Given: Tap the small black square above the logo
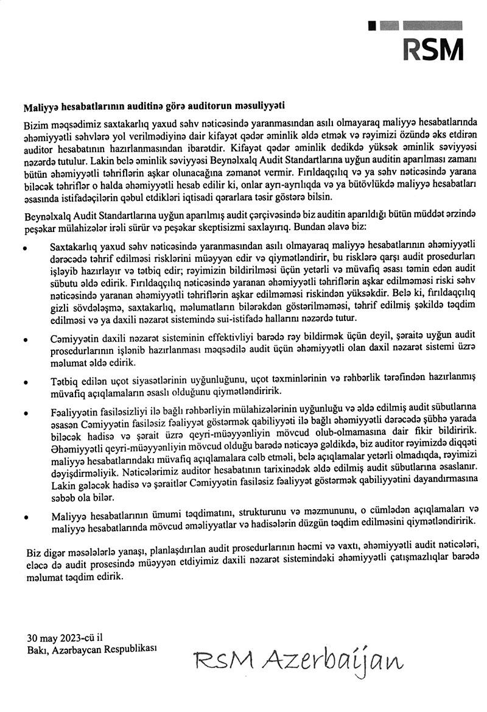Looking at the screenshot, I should pos(373,26).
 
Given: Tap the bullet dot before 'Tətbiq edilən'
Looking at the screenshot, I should pos(25,382).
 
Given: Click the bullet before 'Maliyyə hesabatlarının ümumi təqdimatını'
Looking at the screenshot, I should pos(25,516).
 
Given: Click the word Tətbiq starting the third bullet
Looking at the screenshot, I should pos(60,381).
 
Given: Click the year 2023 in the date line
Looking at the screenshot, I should pos(66,637).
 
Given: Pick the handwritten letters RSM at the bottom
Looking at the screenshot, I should pos(216,659).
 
